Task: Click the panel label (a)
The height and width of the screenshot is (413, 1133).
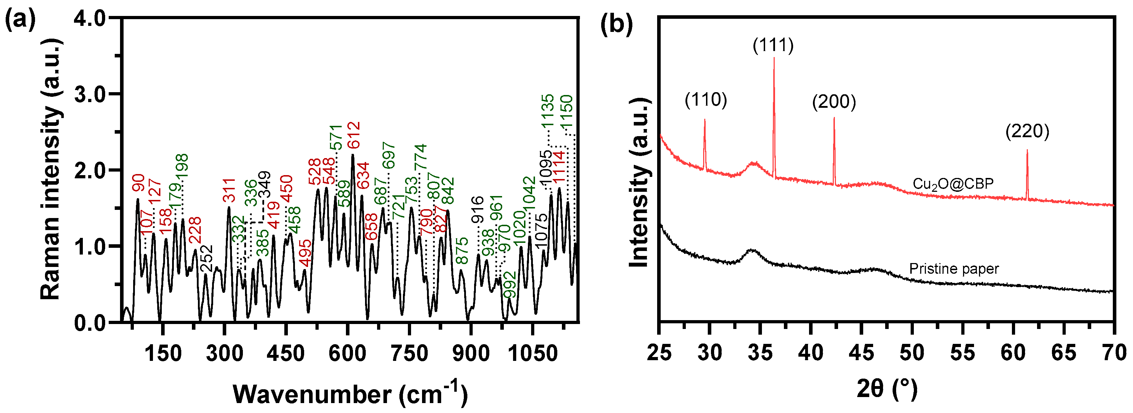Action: [x=20, y=21]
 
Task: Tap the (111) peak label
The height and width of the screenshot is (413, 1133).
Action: [x=773, y=45]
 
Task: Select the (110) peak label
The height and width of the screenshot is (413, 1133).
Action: [x=706, y=100]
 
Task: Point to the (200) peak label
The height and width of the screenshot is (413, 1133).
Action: [x=834, y=102]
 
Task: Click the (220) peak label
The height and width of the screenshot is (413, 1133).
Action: [x=1027, y=131]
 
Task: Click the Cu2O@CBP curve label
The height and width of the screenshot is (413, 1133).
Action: [x=953, y=184]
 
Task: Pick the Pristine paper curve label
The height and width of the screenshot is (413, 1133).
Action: [x=953, y=269]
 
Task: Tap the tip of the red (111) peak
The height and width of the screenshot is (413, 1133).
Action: [x=774, y=58]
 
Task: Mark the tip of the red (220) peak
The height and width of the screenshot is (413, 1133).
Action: [x=1027, y=151]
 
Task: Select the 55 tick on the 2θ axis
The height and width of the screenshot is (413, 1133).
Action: [x=962, y=353]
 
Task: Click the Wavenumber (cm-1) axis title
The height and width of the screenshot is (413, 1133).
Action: [x=350, y=393]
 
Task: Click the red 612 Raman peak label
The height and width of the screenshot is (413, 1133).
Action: [x=353, y=135]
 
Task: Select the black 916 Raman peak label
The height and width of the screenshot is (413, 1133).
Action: [x=477, y=210]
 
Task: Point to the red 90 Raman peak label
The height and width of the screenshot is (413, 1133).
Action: [x=138, y=183]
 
